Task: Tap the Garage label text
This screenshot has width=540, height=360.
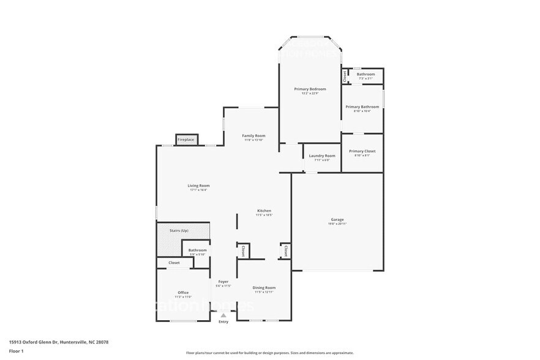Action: pyautogui.click(x=337, y=219)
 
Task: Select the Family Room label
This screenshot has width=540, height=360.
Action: pyautogui.click(x=253, y=135)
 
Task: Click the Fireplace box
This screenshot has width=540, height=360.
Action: pyautogui.click(x=186, y=140)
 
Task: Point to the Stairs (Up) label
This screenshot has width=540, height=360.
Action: pyautogui.click(x=179, y=230)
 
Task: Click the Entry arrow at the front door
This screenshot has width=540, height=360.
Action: pyautogui.click(x=223, y=315)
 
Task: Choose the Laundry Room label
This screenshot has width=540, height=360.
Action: pyautogui.click(x=321, y=156)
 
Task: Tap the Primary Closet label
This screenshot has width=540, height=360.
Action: pyautogui.click(x=362, y=151)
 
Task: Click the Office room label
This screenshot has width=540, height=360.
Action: pyautogui.click(x=183, y=292)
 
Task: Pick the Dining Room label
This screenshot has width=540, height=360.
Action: pyautogui.click(x=264, y=287)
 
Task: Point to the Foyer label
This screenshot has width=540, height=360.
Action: pyautogui.click(x=223, y=282)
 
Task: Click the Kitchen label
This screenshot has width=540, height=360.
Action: pyautogui.click(x=264, y=211)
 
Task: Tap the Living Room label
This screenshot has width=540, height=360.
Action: pyautogui.click(x=198, y=186)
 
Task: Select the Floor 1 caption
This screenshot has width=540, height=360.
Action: pyautogui.click(x=16, y=351)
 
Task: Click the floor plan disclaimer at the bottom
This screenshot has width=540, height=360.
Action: pyautogui.click(x=269, y=353)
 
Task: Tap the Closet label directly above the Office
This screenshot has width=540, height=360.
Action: pyautogui.click(x=174, y=263)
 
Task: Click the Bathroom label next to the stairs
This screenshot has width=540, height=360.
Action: pyautogui.click(x=197, y=250)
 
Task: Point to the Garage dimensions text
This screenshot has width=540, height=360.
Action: pyautogui.click(x=337, y=224)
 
